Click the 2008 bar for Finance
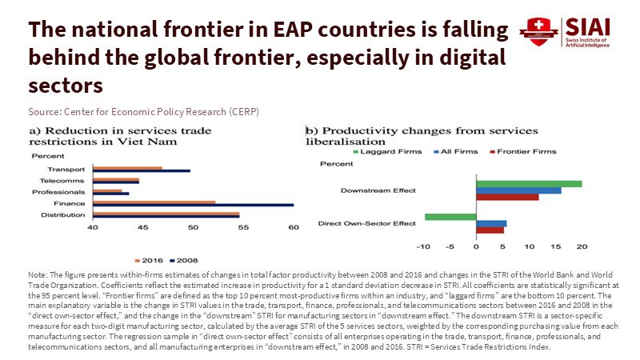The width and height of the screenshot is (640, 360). [x=193, y=205]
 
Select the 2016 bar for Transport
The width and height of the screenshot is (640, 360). [x=127, y=168]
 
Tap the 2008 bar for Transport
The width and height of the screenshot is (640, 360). [x=142, y=171]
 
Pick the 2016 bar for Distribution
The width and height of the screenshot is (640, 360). [x=166, y=214]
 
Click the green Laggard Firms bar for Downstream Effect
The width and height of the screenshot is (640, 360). [x=529, y=184]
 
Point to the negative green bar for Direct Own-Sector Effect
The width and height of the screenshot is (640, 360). [x=450, y=217]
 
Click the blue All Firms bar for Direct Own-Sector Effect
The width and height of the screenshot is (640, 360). [x=491, y=223]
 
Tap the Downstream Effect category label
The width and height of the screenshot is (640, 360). [x=378, y=190]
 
